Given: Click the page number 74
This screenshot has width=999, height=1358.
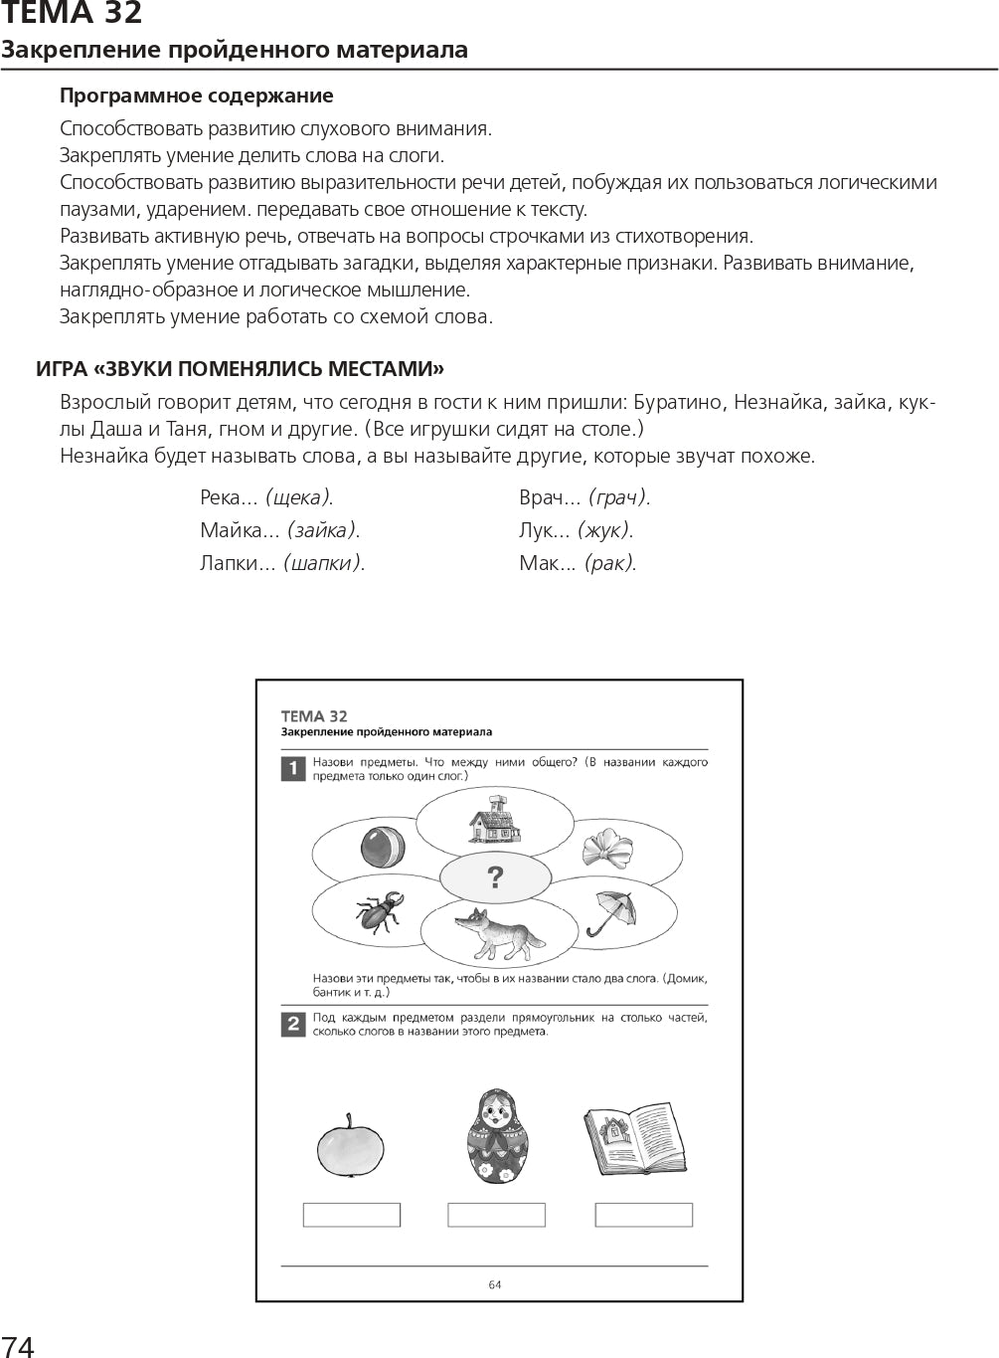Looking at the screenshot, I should tap(18, 1346).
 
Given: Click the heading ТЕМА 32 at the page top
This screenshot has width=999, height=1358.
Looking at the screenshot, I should tap(72, 14).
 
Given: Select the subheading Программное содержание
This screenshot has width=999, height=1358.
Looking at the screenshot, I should tap(196, 96).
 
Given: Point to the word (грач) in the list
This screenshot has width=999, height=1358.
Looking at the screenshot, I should tap(618, 497).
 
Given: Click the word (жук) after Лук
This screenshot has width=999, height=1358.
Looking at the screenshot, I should tap(604, 530).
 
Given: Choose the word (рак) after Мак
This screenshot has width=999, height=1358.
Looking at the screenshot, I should tap(608, 563).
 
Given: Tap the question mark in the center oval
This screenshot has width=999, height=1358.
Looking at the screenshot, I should tap(495, 877).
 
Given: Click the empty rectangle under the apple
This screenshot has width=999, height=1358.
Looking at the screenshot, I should tap(351, 1214).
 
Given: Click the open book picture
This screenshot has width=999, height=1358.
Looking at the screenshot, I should tap(634, 1138).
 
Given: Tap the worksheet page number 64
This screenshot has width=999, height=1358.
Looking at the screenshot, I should tap(495, 1284).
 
